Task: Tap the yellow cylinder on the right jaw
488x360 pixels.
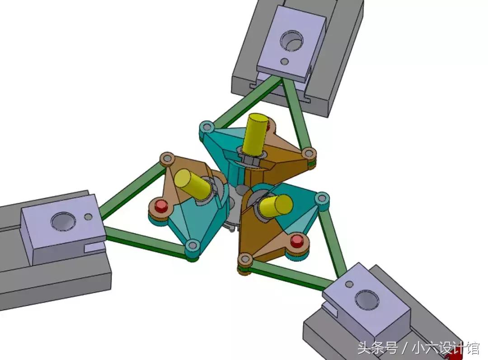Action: [x=276, y=205]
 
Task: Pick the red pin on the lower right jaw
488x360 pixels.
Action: [x=296, y=241]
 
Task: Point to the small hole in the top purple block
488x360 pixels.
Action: [x=285, y=61]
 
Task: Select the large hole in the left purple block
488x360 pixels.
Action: [x=61, y=221]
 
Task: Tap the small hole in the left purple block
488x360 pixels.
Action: [x=89, y=217]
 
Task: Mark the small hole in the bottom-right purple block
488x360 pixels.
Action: [x=349, y=284]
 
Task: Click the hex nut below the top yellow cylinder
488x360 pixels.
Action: [x=248, y=159]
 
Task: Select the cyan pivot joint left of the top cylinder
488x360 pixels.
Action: [x=206, y=126]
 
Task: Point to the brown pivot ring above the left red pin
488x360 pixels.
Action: [x=167, y=159]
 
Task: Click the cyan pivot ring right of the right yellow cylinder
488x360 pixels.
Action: [x=322, y=197]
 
